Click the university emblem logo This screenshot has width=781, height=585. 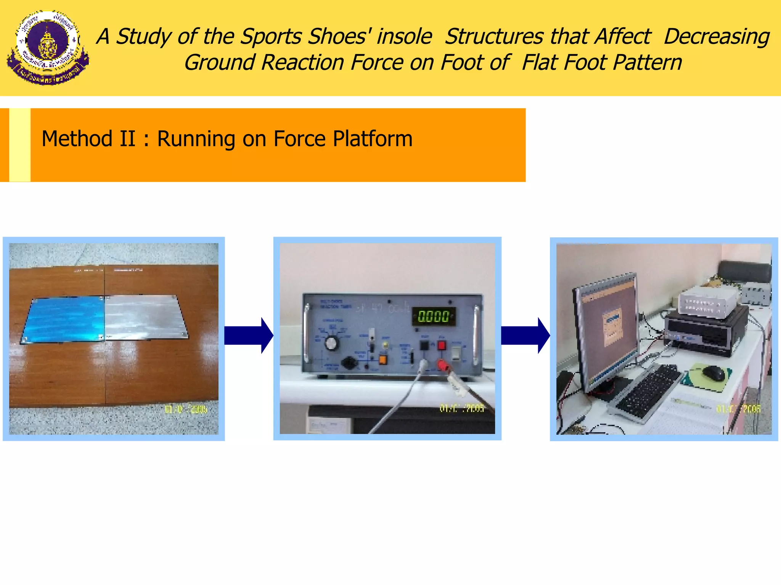(48, 48)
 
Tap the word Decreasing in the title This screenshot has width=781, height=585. (716, 37)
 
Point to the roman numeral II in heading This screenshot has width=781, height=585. (127, 139)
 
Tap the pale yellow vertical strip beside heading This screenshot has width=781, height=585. (20, 145)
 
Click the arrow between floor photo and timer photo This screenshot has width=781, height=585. (248, 336)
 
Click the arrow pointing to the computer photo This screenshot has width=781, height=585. (525, 336)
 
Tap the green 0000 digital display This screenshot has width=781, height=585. (434, 316)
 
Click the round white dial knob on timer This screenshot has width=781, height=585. (331, 343)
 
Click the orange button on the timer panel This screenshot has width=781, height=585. (382, 360)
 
